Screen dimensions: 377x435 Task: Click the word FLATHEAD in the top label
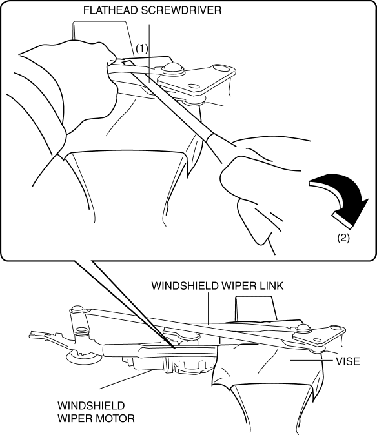tap(110, 10)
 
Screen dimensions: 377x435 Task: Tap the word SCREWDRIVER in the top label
tap(181, 10)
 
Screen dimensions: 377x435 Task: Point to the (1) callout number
tap(142, 49)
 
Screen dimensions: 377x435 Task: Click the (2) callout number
tap(343, 238)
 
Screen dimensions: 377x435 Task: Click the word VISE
tap(348, 361)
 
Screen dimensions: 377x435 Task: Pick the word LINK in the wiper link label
tap(272, 285)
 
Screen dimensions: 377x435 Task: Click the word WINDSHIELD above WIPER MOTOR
tap(91, 405)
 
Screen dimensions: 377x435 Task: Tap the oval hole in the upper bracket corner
tap(221, 68)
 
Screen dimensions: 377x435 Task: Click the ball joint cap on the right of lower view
tap(302, 328)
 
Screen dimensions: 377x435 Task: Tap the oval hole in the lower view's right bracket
tap(336, 329)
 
